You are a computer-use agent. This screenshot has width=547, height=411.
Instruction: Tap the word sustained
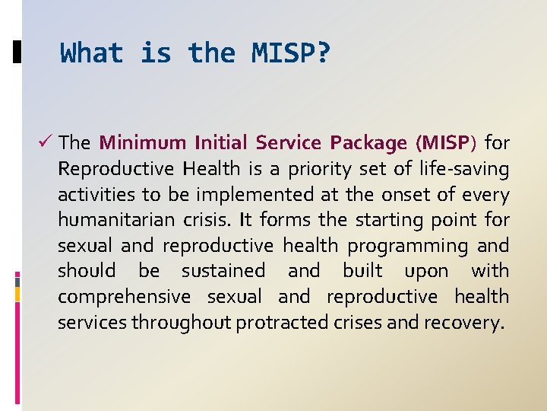tap(223, 271)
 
